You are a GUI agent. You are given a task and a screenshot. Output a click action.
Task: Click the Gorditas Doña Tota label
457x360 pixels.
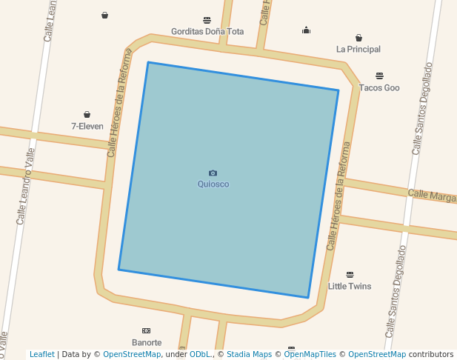207,32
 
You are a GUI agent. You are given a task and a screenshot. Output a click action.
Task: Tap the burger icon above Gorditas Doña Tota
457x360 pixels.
207,20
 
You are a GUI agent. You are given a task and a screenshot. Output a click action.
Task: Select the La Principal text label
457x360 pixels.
358,50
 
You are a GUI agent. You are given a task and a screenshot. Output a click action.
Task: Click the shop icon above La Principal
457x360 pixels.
358,38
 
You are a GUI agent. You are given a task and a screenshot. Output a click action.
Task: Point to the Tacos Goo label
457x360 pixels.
379,88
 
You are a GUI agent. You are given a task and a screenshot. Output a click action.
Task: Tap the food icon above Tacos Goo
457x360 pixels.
379,76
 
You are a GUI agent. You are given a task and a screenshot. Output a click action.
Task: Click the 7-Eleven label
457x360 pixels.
87,127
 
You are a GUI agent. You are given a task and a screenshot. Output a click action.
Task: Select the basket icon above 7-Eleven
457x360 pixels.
87,115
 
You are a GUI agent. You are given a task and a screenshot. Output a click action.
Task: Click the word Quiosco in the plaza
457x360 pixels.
213,184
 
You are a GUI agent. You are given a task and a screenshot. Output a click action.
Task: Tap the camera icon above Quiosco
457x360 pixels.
213,173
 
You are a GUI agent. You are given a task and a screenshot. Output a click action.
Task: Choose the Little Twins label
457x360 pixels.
350,286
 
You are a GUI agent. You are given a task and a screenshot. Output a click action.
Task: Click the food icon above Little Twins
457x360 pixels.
350,275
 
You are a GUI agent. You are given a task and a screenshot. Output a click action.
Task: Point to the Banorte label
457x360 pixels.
147,343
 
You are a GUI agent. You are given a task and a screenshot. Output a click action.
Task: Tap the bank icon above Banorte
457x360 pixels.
146,330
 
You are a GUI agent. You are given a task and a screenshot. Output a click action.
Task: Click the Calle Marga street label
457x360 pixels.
432,196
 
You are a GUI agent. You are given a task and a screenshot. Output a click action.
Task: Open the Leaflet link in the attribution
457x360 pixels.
42,355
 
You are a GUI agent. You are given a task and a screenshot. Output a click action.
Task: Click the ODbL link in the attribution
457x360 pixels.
201,355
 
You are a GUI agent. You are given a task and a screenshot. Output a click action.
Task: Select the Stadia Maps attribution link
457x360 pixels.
249,355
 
